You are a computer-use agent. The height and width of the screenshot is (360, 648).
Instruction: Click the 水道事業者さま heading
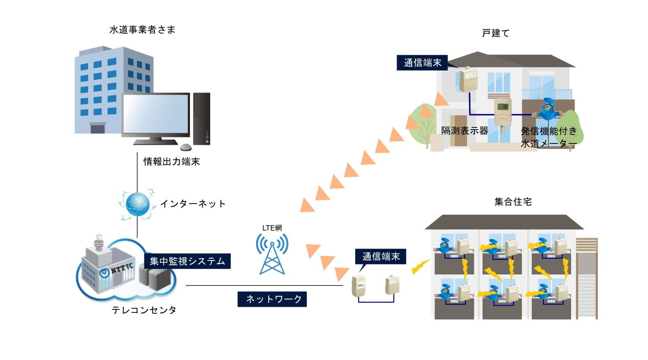[x=143, y=30]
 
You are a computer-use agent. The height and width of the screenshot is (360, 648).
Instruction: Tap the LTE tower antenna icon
[x=272, y=255]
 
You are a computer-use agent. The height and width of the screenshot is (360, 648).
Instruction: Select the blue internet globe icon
[x=137, y=204]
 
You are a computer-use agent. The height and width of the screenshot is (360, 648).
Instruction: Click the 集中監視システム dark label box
[x=187, y=261]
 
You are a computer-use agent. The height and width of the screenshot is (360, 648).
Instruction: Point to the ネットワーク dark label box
[x=272, y=299]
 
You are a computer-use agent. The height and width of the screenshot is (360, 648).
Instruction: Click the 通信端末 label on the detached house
[x=422, y=63]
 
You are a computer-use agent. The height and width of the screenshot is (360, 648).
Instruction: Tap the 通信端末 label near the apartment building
[x=381, y=257]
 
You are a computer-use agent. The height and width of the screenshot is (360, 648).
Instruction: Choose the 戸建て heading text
[x=496, y=33]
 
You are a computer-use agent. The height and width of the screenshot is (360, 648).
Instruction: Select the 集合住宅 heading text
[x=513, y=202]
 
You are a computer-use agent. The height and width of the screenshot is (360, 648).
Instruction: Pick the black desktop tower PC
[x=202, y=118]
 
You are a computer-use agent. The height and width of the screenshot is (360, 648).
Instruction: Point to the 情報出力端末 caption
[x=172, y=162]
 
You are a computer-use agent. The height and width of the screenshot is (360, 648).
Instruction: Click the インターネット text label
[x=193, y=204]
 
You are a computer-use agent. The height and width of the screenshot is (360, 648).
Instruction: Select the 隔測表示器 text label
[x=464, y=131]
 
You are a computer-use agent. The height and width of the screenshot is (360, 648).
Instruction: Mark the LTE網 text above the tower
[x=272, y=228]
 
